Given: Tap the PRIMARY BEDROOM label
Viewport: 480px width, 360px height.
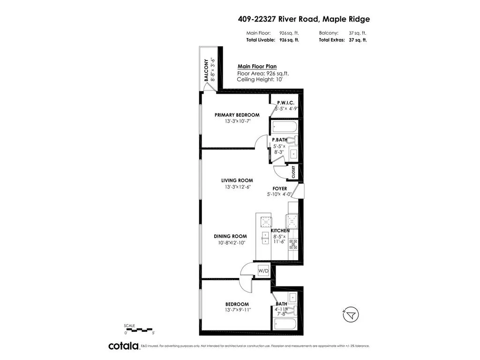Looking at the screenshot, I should (237, 115).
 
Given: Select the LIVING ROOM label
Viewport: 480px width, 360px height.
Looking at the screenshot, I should (237, 180).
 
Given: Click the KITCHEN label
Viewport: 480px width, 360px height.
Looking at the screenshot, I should (280, 231).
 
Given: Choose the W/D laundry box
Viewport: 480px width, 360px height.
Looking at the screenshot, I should (263, 271).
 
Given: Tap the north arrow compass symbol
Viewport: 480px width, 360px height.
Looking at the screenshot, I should (349, 316).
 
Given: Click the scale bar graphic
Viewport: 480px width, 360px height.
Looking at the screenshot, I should (139, 330).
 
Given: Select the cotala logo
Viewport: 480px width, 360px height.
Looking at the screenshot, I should (124, 346).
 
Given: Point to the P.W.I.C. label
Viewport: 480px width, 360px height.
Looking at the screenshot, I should (285, 103).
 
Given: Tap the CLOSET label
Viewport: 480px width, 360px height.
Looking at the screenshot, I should (293, 172).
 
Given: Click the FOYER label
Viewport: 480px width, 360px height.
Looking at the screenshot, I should (280, 189).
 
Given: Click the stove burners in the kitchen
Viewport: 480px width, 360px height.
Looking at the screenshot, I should (293, 244).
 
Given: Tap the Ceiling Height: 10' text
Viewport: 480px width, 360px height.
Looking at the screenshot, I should (260, 79).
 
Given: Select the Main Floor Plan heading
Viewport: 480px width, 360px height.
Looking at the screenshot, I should (254, 67).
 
